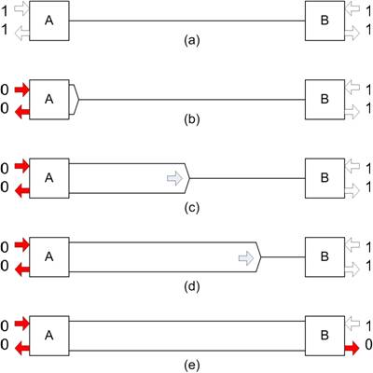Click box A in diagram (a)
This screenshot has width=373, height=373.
coord(49,21)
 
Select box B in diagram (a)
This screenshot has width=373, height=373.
coord(325,21)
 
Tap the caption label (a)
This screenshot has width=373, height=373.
coord(191,41)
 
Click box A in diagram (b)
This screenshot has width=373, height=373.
coord(49,100)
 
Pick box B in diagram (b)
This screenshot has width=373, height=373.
coord(325,100)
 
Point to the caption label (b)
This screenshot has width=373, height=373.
coord(191,119)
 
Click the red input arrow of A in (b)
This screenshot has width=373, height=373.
coord(21,90)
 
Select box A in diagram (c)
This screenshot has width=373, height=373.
coord(49,178)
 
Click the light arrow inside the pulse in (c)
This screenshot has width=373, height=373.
coord(175,178)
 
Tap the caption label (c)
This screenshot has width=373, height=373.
coord(191,208)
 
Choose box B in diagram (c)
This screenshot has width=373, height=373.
coord(325,178)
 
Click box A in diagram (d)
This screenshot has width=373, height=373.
coord(49,257)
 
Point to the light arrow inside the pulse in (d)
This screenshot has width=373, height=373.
coord(246,258)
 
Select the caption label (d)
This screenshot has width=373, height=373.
coord(191,286)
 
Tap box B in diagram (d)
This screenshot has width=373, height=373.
coord(325,257)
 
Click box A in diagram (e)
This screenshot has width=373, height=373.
coord(49,336)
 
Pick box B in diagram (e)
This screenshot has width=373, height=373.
coord(325,336)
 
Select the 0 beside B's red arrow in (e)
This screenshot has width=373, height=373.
coord(368,344)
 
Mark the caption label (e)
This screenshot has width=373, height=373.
coord(191,366)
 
